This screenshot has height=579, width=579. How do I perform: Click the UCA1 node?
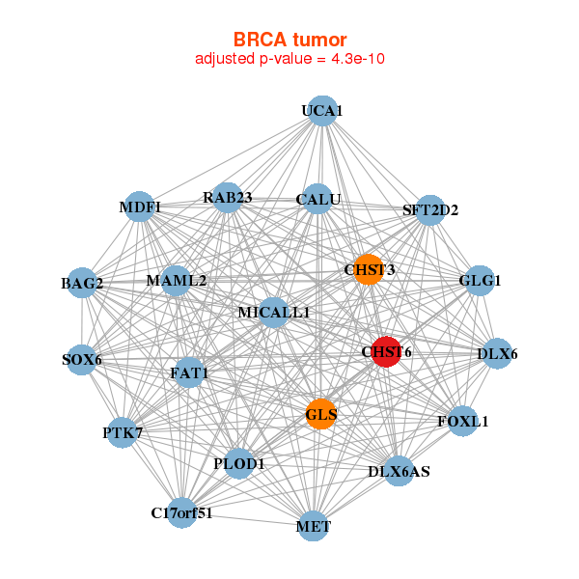coord(322,111)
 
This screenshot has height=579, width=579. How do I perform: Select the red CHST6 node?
coord(386,352)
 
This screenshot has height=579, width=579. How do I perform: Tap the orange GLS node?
coord(321,415)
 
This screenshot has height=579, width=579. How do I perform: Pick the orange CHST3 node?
coord(368,269)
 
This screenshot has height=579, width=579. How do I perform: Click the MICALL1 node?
coord(274,312)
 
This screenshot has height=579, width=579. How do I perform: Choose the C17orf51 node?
coord(181,512)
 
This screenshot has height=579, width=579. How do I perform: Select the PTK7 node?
coord(122,433)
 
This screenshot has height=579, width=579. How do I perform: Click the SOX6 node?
coord(82,360)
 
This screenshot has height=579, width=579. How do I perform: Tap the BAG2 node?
coord(82,284)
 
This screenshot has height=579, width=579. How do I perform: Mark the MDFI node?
coord(140,207)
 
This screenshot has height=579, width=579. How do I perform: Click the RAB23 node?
coord(227,198)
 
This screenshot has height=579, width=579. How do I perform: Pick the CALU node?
coord(318,200)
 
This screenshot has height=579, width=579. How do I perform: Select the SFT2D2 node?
coord(429,209)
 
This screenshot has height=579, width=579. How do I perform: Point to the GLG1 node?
coord(480,281)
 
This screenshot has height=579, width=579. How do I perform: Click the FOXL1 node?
coord(463,421)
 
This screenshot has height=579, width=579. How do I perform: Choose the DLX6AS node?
coord(400,471)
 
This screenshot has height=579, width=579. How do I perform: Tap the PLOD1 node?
coord(238,464)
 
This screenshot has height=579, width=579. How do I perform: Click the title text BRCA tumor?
coord(290,40)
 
